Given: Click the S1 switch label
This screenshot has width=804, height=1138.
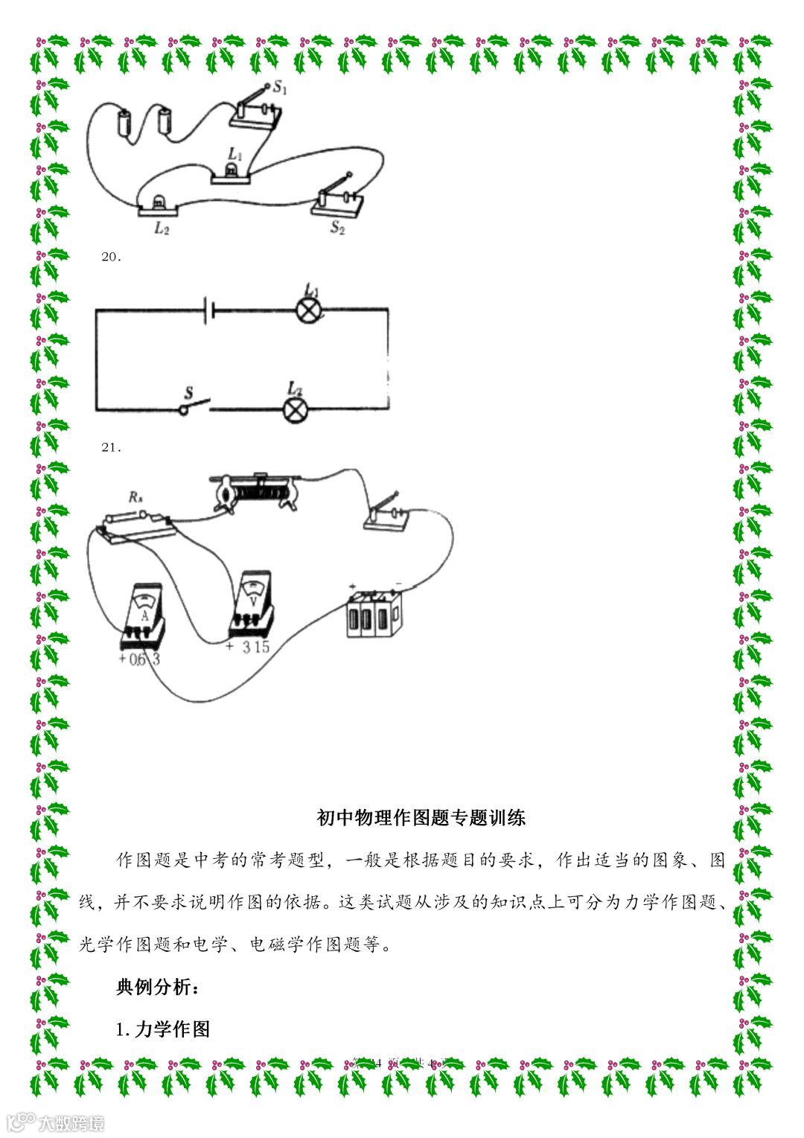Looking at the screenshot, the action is [x=281, y=88].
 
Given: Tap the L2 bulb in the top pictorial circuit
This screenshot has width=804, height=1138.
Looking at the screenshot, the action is [x=158, y=203].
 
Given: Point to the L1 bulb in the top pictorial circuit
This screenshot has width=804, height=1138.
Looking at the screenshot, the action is [x=232, y=172].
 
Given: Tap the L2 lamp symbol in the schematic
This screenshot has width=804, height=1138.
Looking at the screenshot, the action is [x=296, y=409].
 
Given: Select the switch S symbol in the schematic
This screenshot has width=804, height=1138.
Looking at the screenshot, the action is [x=193, y=406].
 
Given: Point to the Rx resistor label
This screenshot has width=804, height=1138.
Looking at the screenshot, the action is [x=135, y=497].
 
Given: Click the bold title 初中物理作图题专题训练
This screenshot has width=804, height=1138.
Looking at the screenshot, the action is [x=421, y=817].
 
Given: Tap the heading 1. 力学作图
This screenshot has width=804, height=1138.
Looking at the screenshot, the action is [x=164, y=1029].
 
